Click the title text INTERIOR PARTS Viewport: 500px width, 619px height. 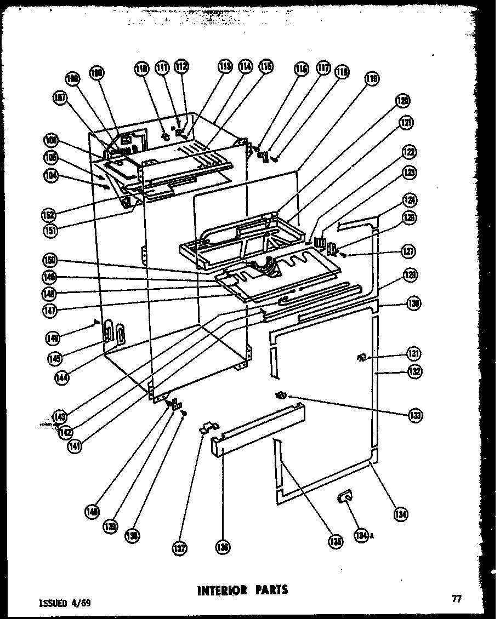pyautogui.click(x=242, y=590)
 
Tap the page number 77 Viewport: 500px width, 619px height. pyautogui.click(x=456, y=599)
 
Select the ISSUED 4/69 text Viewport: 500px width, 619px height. pyautogui.click(x=65, y=603)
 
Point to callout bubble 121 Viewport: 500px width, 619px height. pyautogui.click(x=406, y=123)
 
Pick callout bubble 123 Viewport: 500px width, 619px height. pyautogui.click(x=409, y=174)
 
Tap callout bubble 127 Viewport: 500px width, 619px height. pyautogui.click(x=410, y=253)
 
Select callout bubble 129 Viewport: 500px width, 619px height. pyautogui.click(x=410, y=277)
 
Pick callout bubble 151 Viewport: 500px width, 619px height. pyautogui.click(x=52, y=230)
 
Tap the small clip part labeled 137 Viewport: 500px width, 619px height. pyautogui.click(x=208, y=426)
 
